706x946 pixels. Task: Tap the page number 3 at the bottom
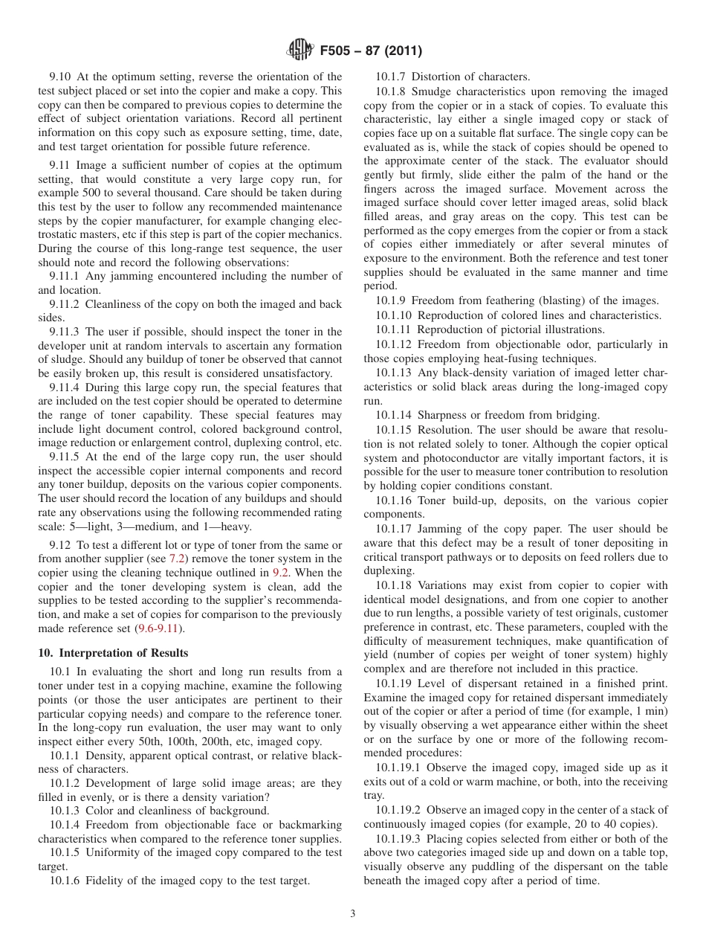(x=353, y=914)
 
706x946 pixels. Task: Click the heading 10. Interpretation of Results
(x=113, y=653)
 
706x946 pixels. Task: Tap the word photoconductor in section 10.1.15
(x=444, y=459)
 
